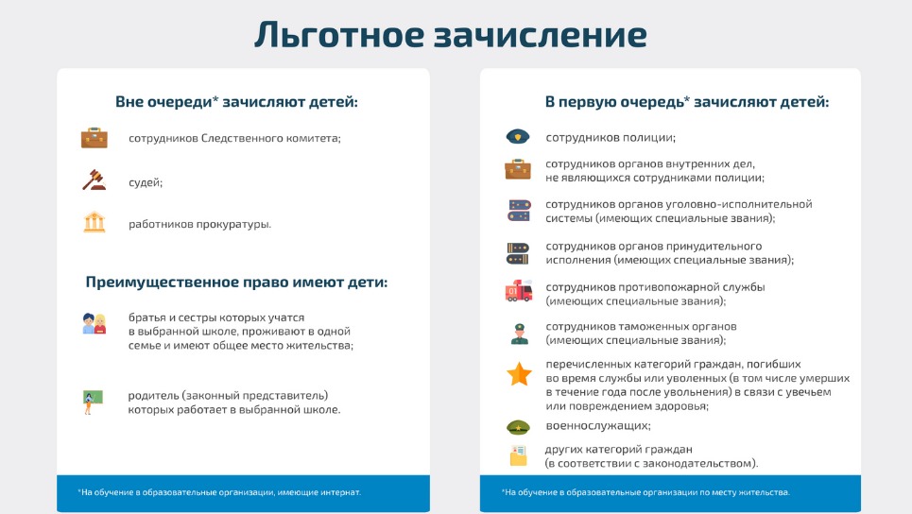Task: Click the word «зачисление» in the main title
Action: pos(541,34)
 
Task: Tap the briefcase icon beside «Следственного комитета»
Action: pos(95,138)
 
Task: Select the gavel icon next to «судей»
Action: pos(95,180)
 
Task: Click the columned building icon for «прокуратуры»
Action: pos(95,222)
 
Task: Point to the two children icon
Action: pos(95,324)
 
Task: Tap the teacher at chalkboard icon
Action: pos(93,402)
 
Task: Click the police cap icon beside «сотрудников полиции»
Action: pos(518,137)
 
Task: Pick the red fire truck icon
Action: pos(519,291)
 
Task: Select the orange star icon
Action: pos(519,374)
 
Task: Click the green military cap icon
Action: pos(518,427)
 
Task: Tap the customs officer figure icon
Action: pos(519,334)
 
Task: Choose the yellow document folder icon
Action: pos(518,455)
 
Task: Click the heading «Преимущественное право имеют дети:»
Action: pos(236,282)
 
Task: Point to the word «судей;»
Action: pos(146,182)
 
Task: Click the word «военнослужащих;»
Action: pos(598,425)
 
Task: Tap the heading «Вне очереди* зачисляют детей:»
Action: pos(236,102)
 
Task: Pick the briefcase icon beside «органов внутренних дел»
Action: pos(518,169)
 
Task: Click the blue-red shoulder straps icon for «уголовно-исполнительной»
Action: pos(519,211)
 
